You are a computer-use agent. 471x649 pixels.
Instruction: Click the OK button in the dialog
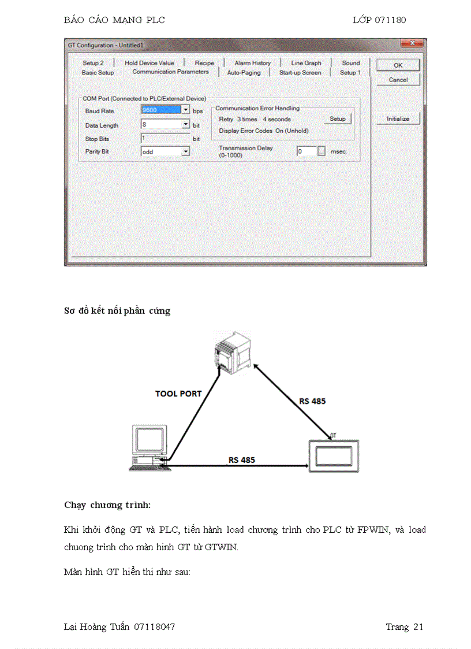pos(398,65)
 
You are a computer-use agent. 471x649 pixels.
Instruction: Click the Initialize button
pos(398,118)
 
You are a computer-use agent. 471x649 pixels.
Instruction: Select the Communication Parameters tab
pos(170,72)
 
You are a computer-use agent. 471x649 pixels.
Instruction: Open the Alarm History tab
pos(252,63)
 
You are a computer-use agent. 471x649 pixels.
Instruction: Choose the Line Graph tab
pos(306,63)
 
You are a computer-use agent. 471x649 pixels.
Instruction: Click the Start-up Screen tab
pos(300,73)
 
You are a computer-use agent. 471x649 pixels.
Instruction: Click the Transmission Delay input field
pos(306,151)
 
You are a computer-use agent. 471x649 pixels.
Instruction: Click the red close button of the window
pos(412,44)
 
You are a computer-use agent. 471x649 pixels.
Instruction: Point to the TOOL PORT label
pos(178,394)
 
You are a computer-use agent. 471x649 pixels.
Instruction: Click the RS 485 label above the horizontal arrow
pos(241,460)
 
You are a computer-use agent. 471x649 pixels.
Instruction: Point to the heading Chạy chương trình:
pos(107,505)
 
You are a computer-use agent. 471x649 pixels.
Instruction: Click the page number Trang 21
pos(404,626)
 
